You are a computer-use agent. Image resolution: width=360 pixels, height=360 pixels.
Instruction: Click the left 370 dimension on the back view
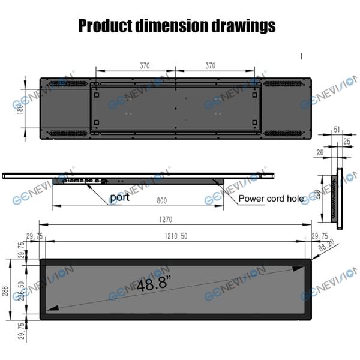click(x=145, y=66)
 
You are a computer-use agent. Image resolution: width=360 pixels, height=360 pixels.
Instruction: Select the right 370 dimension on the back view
click(x=209, y=66)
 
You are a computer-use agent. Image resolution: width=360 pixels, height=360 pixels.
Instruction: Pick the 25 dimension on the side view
click(x=347, y=140)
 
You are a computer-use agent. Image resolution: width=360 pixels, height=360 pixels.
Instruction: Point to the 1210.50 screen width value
click(x=176, y=236)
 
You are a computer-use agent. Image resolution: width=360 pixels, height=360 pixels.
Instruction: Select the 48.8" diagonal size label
click(x=152, y=284)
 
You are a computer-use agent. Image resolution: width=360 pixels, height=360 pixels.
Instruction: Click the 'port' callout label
click(x=119, y=197)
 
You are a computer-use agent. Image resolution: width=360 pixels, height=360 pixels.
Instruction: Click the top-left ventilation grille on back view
click(x=67, y=83)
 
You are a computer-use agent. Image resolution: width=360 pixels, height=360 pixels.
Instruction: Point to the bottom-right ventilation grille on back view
click(x=287, y=133)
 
